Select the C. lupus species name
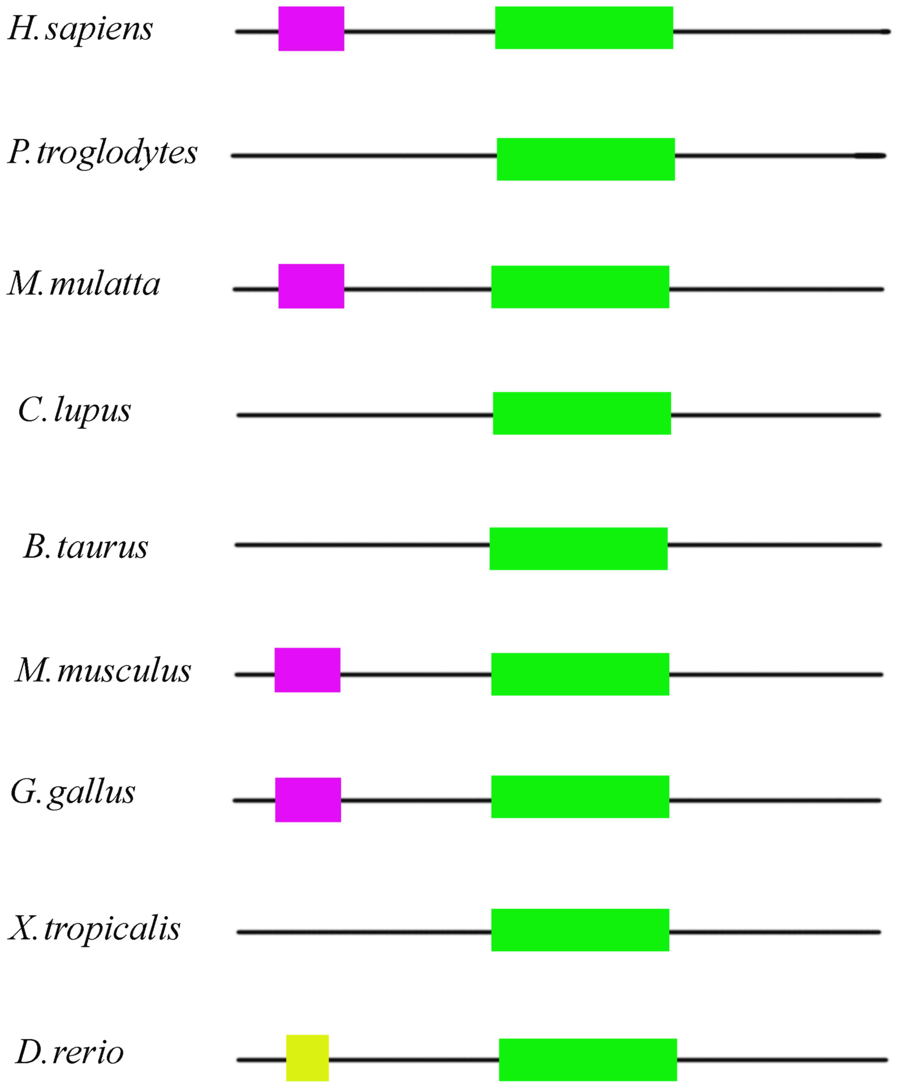tap(74, 411)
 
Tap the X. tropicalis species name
tap(94, 928)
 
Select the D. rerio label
tap(70, 1053)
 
